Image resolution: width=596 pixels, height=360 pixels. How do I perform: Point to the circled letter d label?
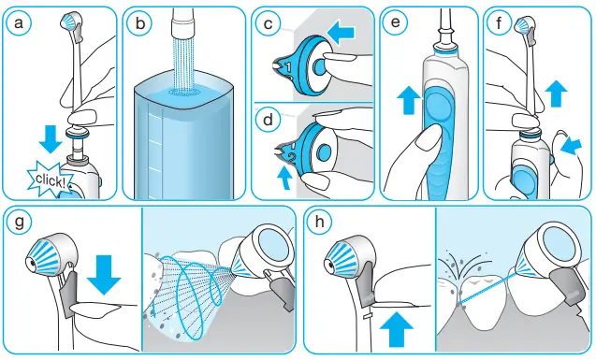click(269, 119)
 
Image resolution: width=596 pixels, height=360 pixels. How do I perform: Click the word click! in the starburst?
click(48, 180)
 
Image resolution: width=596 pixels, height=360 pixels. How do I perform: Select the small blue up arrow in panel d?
click(285, 177)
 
